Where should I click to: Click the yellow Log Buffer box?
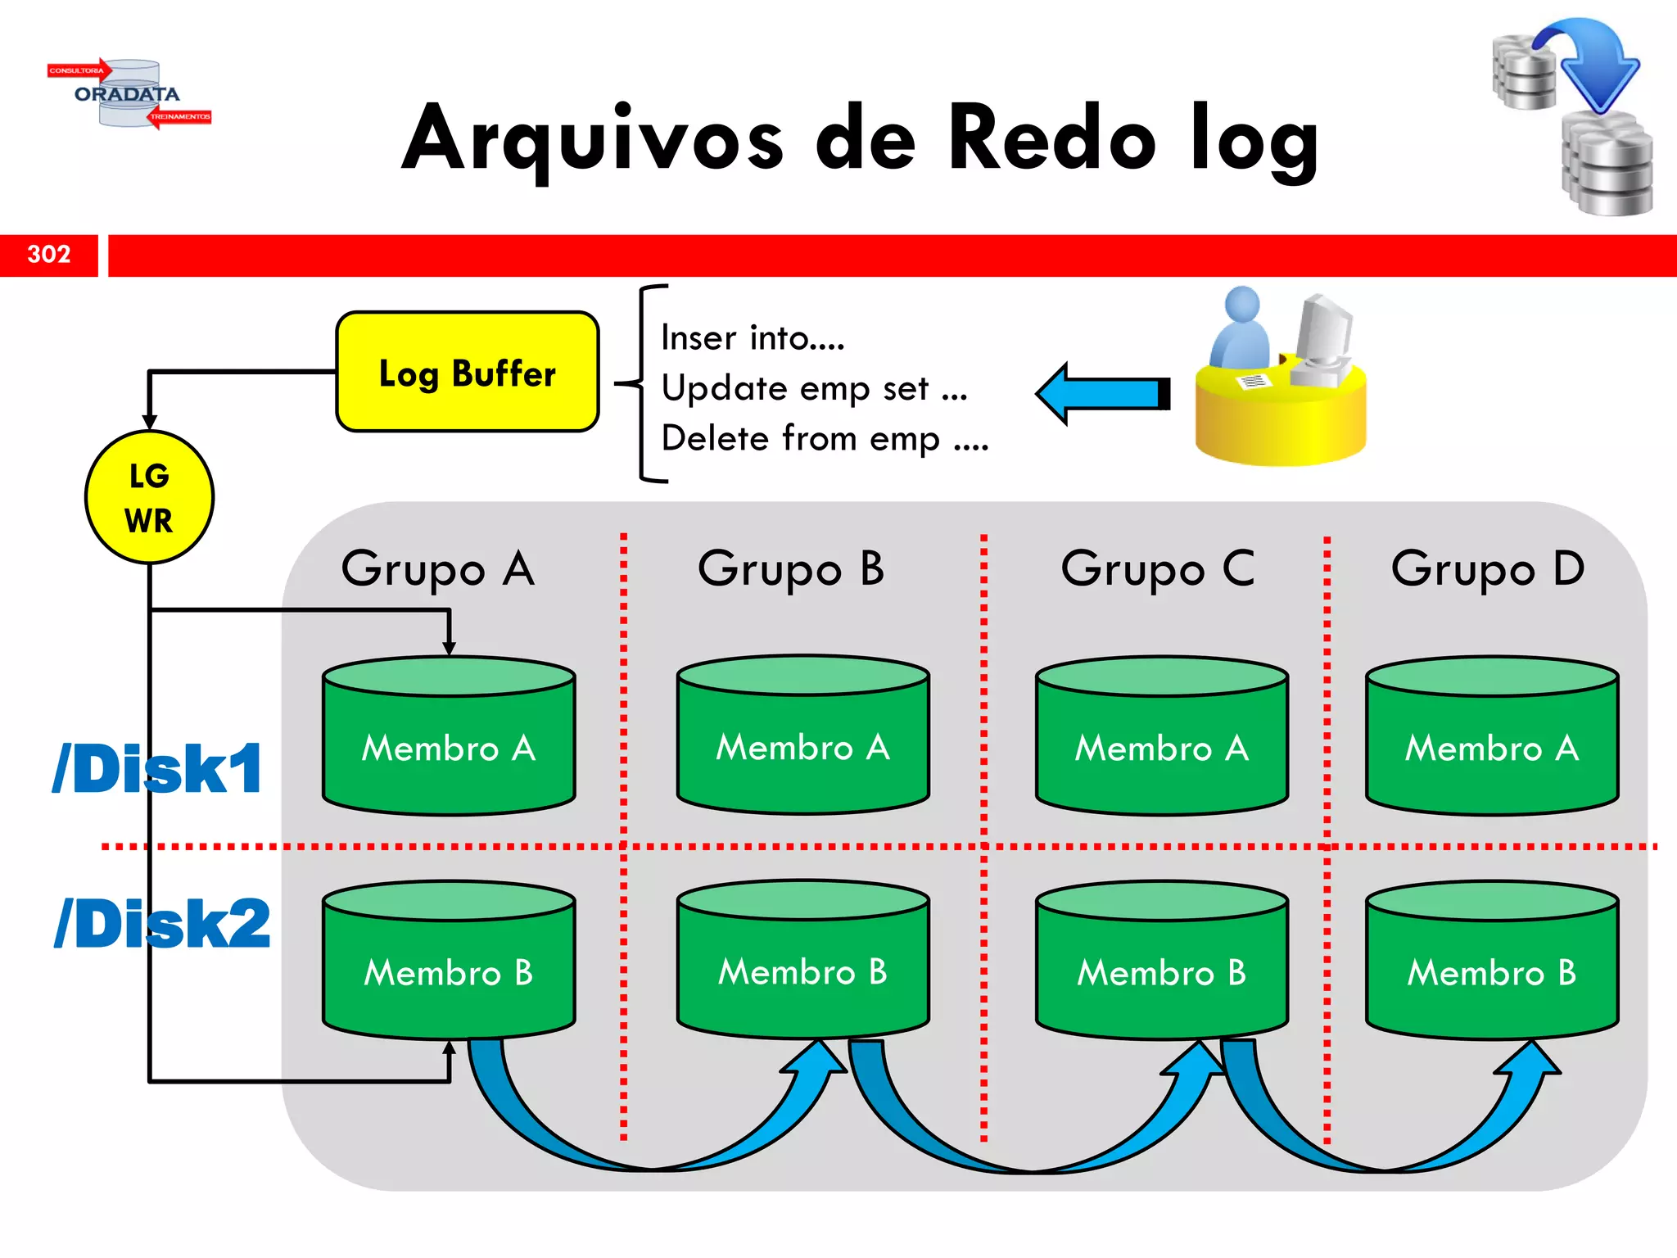[x=467, y=373]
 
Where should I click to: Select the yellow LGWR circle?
[x=149, y=497]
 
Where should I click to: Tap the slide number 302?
[x=49, y=255]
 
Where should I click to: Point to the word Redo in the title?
[x=1051, y=139]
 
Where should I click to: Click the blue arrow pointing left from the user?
[x=1101, y=394]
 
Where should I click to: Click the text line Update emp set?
[x=814, y=388]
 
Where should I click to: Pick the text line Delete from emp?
[x=825, y=439]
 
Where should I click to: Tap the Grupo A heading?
[x=437, y=568]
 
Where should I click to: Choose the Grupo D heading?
[x=1487, y=568]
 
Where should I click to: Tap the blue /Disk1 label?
[x=157, y=769]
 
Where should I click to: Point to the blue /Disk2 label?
[x=161, y=924]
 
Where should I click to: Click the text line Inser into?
[x=753, y=338]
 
